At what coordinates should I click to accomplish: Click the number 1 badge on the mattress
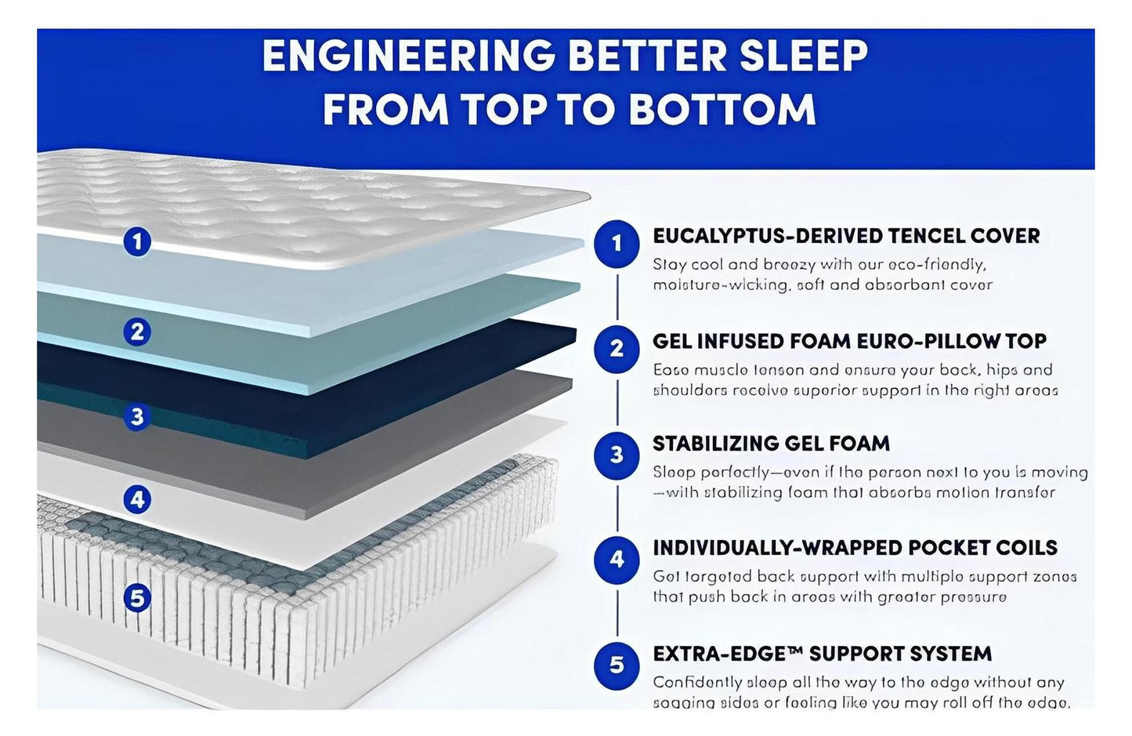138,241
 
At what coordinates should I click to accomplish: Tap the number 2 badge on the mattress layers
138,332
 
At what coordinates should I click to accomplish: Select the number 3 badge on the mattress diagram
138,415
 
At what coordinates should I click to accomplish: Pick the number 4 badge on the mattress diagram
138,499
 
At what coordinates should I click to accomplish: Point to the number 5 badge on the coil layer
138,599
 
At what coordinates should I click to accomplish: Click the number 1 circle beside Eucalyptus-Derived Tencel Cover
617,243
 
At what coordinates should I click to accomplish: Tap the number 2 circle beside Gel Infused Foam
617,348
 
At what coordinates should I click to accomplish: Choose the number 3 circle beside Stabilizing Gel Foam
617,455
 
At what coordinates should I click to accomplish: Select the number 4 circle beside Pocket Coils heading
617,559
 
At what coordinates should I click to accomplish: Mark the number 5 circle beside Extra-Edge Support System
617,665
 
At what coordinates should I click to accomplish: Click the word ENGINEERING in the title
409,56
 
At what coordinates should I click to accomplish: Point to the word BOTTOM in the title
722,109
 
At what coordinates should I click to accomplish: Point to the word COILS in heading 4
1022,548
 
